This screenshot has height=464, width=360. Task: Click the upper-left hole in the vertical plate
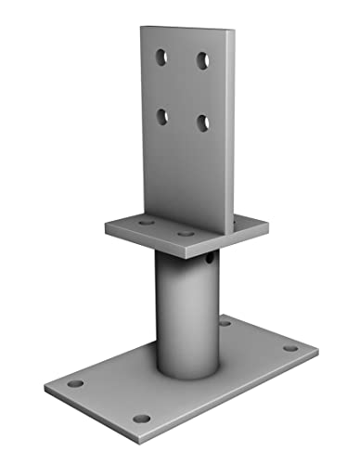[x=162, y=58]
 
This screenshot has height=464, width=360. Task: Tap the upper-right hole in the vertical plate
[x=202, y=60]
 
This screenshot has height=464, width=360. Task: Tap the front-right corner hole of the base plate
[x=141, y=419]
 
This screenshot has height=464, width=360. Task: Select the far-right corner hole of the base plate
[x=289, y=349]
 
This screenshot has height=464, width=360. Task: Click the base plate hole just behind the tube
[x=225, y=322]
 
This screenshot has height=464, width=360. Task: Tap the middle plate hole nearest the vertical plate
[x=185, y=233]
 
